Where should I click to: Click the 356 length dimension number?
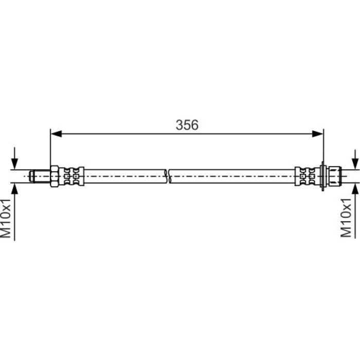coord(187,125)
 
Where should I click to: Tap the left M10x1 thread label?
coord(6,219)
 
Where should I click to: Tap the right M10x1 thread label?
coord(346,218)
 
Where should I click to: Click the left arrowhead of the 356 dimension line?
coord(56,134)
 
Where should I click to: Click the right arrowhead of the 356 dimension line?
coord(317,134)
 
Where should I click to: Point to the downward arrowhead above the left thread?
coord(15,164)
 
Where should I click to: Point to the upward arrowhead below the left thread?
coord(15,189)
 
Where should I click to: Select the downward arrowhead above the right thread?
coord(355,164)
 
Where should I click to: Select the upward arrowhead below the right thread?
coord(355,189)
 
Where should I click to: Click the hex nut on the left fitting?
coord(55,176)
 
